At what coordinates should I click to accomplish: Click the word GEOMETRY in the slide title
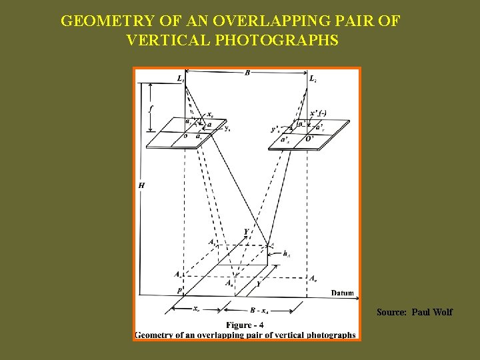tap(97, 21)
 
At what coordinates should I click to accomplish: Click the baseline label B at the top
tap(247, 73)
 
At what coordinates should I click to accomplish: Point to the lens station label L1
tap(181, 79)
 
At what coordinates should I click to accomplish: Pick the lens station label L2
tap(313, 79)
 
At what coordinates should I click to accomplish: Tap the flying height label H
tap(141, 185)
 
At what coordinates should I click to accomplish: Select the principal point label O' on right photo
tap(311, 139)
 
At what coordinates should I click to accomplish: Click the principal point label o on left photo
tap(185, 136)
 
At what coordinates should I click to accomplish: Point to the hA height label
tap(287, 253)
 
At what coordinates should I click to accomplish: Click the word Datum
tap(343, 293)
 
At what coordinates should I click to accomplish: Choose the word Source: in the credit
tap(391, 312)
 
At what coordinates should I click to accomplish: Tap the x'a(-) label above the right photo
tap(319, 113)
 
